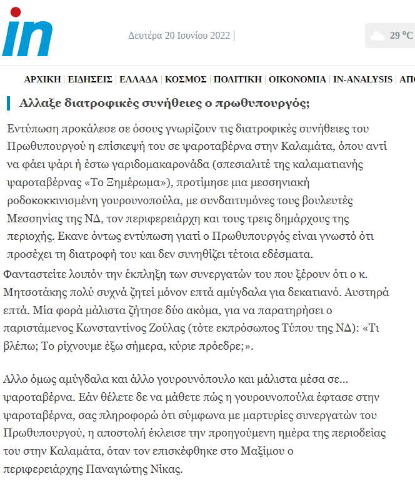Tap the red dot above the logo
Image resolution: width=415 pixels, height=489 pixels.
pos(16,11)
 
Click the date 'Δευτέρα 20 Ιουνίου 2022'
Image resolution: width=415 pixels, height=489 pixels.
pos(179,35)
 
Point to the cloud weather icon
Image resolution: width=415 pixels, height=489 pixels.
pos(377,36)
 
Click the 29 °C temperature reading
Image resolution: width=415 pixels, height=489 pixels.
pos(401,35)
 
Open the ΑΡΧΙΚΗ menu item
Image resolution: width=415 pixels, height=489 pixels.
pos(42,79)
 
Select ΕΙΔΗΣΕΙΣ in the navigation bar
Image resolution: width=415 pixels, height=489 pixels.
pos(90,79)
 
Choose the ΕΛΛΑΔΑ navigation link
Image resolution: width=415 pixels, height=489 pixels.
pos(138,79)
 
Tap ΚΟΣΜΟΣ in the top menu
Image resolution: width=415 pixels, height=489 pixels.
pos(186,79)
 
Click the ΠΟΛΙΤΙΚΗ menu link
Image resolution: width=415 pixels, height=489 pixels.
pos(237,79)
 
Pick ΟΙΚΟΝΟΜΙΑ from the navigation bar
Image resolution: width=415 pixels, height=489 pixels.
pos(297,79)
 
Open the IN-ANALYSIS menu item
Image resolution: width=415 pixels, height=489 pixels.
pos(362,79)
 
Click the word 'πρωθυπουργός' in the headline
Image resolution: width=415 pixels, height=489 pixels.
pos(262,103)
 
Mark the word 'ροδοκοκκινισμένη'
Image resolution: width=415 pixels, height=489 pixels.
pos(61,201)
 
